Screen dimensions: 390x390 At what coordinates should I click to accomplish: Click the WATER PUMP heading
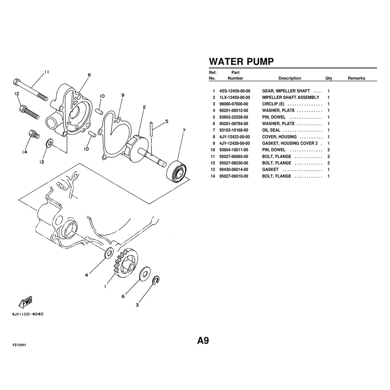point(241,61)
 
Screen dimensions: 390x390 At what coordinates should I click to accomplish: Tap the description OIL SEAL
point(271,130)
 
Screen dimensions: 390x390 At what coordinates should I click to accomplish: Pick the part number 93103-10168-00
point(234,130)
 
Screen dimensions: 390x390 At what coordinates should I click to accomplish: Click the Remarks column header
point(356,78)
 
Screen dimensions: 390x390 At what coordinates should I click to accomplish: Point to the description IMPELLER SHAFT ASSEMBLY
point(291,97)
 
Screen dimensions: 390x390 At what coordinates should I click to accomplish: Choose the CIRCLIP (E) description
point(273,104)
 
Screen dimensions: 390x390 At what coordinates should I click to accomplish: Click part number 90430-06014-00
point(234,170)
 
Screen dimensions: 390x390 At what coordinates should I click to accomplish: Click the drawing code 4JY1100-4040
point(27,314)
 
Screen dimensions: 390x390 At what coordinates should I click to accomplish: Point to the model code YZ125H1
point(19,345)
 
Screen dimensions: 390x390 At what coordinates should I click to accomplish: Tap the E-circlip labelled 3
point(156,280)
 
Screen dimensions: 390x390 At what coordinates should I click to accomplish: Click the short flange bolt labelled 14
point(32,133)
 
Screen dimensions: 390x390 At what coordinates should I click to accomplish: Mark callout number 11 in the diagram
point(47,72)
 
